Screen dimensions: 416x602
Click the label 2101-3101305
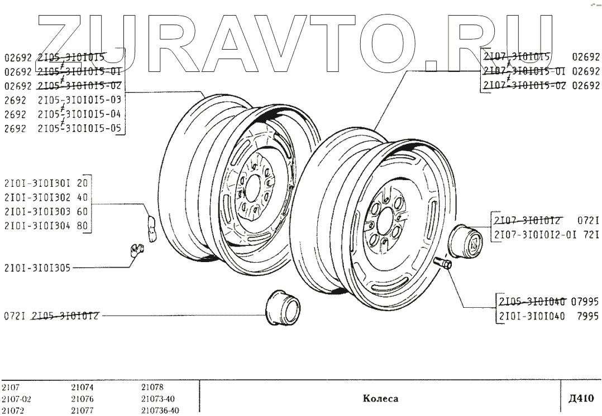pyautogui.click(x=37, y=267)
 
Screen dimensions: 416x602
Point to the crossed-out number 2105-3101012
pyautogui.click(x=66, y=316)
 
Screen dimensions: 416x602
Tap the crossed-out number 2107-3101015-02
pyautogui.click(x=525, y=86)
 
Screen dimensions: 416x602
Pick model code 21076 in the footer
pyautogui.click(x=83, y=399)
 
